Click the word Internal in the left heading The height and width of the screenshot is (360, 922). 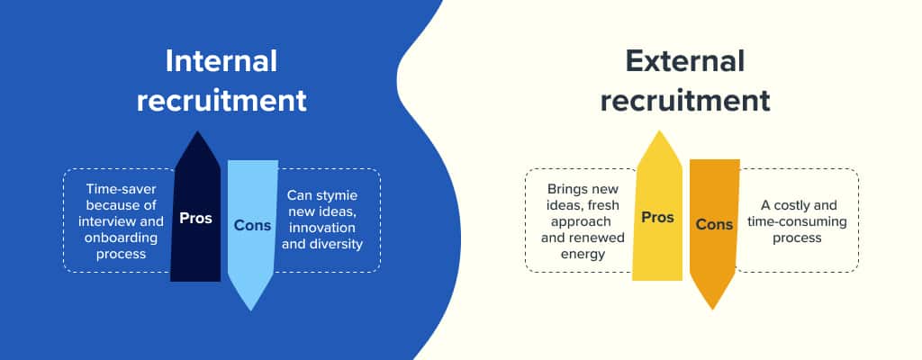[221, 62]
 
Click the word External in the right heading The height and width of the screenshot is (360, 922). [685, 62]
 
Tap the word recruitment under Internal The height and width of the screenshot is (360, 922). [221, 100]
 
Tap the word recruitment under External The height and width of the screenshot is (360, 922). [685, 100]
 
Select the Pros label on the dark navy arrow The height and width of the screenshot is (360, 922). [195, 218]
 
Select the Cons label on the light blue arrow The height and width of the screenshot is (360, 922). [252, 225]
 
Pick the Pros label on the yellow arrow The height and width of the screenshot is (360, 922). [657, 218]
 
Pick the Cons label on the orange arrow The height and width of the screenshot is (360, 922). [714, 225]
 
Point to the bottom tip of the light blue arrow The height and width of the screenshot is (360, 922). [252, 309]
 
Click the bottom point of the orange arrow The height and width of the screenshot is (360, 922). [714, 309]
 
